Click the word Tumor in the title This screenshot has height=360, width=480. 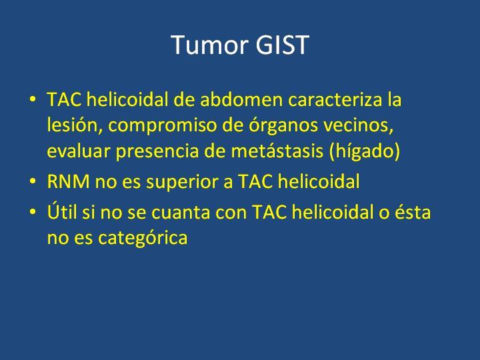(209, 45)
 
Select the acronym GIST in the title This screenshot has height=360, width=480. (282, 45)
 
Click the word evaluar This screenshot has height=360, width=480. (79, 151)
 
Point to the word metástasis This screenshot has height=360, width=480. (277, 151)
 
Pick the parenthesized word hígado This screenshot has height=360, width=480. (365, 151)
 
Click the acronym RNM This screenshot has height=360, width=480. (69, 181)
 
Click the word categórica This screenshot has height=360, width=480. (143, 237)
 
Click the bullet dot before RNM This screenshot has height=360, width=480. (33, 181)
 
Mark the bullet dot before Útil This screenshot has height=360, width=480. (33, 212)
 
